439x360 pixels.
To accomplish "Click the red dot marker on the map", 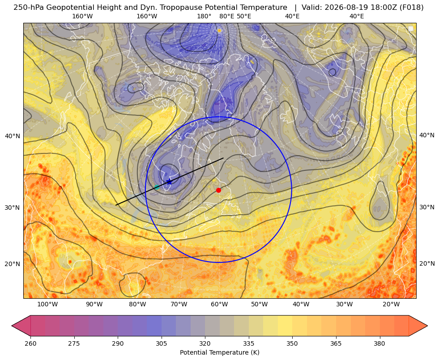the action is [218, 190].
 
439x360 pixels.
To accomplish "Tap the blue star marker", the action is [169, 182].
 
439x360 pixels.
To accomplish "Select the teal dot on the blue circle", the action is [157, 187].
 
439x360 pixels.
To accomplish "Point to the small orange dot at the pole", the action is [219, 30].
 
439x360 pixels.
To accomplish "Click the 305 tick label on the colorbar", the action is [161, 343].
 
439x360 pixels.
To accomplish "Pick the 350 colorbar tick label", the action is [292, 343].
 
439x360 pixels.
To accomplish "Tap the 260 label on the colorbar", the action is [30, 343].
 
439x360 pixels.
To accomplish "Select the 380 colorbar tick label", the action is [379, 343].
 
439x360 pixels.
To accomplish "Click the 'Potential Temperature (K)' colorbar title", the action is [219, 352].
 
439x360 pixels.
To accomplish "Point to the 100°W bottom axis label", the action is [47, 305].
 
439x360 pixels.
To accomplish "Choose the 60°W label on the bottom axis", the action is [219, 305].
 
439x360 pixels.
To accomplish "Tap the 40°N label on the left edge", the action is [13, 136].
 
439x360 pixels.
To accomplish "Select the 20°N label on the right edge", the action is [427, 263].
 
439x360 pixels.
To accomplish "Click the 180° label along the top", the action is [204, 16].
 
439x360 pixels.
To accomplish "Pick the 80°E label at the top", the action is [226, 16].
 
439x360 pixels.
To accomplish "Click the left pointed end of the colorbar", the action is [12, 326].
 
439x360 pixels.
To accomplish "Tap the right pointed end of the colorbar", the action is [427, 326].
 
